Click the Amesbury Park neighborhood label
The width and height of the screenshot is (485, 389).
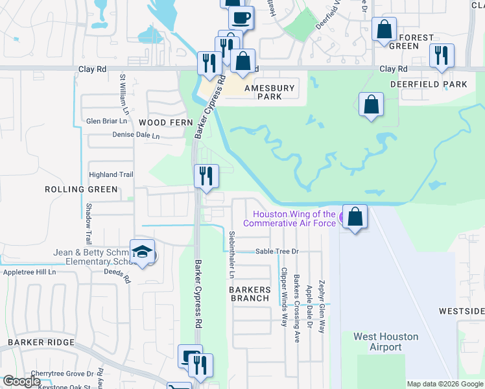pos(269,92)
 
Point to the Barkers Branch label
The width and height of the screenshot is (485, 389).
pos(250,294)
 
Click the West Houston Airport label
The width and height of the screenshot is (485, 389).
pos(386,342)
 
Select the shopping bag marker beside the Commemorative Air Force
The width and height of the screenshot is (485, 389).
pos(355,217)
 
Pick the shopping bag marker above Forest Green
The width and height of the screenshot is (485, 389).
pos(384,30)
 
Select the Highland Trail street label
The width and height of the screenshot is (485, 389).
pos(111,174)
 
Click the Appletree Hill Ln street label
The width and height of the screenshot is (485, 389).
pos(30,273)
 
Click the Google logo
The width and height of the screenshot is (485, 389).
pos(22,381)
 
